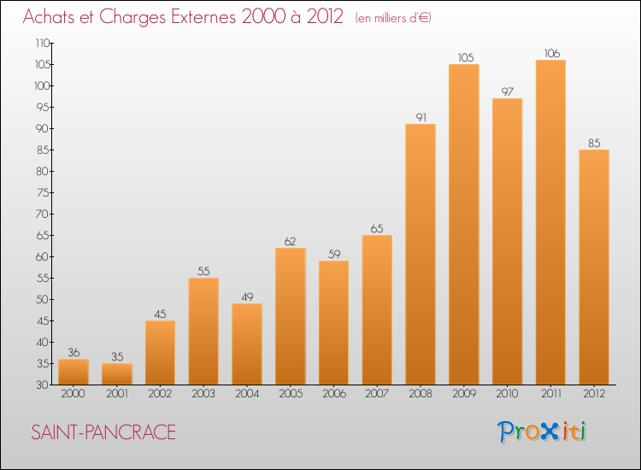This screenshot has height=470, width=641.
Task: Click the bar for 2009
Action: (463, 224)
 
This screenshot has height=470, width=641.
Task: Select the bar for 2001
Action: (116, 373)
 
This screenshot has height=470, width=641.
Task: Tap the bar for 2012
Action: (593, 267)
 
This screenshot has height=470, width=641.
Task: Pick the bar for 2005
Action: (290, 316)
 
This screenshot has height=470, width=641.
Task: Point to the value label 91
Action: (420, 117)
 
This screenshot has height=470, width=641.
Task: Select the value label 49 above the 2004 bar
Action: (246, 297)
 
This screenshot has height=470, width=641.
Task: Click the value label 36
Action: (73, 352)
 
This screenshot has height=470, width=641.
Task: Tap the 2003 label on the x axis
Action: (203, 393)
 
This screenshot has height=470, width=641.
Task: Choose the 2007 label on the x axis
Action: (377, 393)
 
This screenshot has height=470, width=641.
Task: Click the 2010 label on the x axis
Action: (507, 393)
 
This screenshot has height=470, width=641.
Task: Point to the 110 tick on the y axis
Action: (42, 43)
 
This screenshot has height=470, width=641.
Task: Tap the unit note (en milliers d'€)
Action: (393, 18)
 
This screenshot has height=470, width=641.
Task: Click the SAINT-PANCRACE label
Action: (103, 432)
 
